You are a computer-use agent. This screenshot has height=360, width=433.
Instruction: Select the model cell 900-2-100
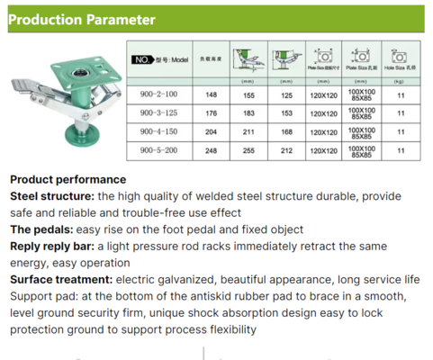(x=160, y=92)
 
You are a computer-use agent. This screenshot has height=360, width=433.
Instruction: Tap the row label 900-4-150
(x=160, y=131)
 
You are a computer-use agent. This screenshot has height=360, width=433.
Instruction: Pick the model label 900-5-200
(x=160, y=151)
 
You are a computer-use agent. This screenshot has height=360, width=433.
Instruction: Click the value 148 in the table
(x=212, y=92)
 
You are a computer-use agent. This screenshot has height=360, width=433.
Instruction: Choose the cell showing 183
(x=249, y=112)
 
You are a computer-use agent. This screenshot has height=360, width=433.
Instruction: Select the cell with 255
(x=249, y=151)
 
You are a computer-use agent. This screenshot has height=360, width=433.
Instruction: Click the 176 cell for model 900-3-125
(x=212, y=112)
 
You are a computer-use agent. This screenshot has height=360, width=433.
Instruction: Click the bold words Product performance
(x=68, y=179)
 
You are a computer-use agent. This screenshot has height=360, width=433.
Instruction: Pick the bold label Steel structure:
(x=53, y=195)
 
